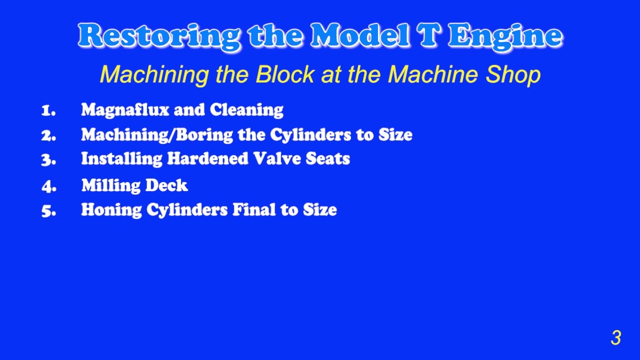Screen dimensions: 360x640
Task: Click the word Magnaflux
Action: tap(125, 110)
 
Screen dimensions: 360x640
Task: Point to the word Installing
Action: tap(122, 159)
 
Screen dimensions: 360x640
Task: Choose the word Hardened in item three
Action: tap(207, 159)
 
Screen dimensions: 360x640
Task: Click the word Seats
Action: tap(327, 159)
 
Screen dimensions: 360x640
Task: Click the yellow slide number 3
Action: tap(615, 338)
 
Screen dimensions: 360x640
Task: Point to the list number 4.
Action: tap(49, 186)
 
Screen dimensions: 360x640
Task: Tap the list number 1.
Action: tap(48, 110)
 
